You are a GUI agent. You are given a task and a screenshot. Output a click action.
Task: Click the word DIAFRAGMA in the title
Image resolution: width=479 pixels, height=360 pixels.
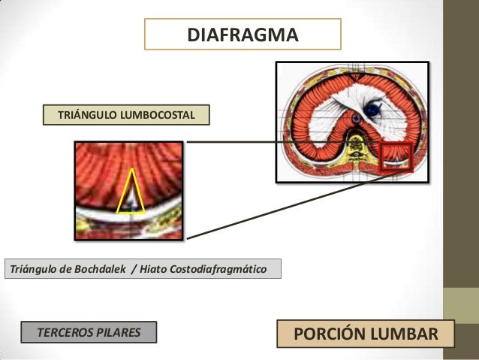click(242, 35)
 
